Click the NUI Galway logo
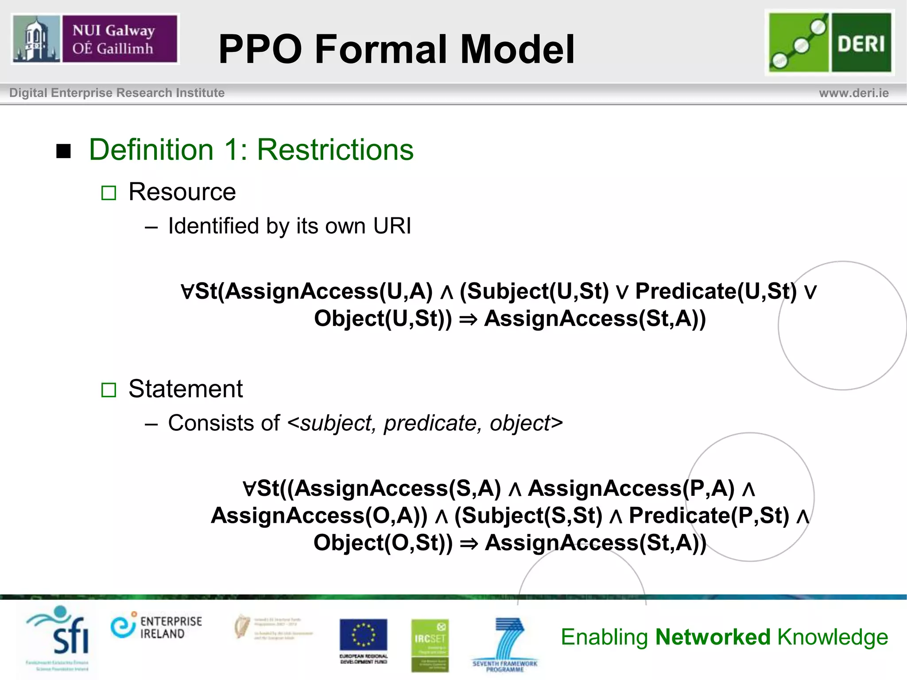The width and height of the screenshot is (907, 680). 95,39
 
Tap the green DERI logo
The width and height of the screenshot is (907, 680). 829,42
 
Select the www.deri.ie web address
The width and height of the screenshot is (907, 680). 853,93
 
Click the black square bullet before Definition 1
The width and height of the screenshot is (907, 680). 64,151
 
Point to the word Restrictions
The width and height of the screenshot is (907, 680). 335,150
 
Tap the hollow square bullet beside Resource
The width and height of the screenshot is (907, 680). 109,193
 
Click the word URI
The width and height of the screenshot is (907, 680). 392,226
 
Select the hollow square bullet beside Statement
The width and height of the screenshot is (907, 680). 109,390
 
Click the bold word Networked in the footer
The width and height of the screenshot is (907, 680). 713,637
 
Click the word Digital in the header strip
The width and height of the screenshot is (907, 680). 28,93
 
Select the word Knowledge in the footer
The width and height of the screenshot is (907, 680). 833,637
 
